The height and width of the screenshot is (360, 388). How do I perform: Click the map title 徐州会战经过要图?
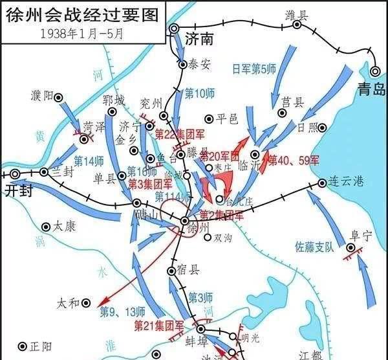tap(81, 14)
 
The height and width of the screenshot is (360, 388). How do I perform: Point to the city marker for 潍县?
tap(297, 25)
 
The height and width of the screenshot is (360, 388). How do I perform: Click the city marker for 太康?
tap(46, 227)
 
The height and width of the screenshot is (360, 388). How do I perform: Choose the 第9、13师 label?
tap(120, 311)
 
